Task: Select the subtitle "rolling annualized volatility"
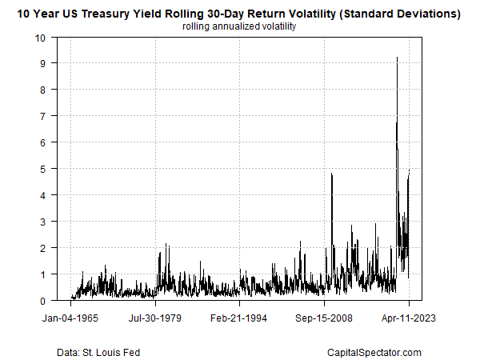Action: (x=240, y=26)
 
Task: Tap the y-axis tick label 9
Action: (x=43, y=63)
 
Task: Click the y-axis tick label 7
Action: (x=43, y=116)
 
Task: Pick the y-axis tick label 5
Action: (x=43, y=169)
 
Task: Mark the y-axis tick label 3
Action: (x=43, y=222)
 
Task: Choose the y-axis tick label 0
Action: (x=43, y=301)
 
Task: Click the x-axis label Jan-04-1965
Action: (x=71, y=317)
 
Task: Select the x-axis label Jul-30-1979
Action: (x=156, y=317)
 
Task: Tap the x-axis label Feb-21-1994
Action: (x=240, y=317)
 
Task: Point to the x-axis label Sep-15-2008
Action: (x=325, y=317)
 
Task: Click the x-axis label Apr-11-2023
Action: (x=409, y=317)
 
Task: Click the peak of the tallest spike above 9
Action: (x=398, y=57)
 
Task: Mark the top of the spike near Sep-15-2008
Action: (x=331, y=174)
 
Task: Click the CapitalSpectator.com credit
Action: (x=374, y=352)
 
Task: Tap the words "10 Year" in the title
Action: (x=38, y=14)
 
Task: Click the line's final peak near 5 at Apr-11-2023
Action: (x=409, y=170)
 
